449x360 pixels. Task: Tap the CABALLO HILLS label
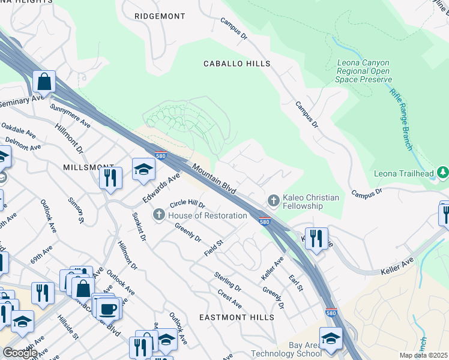click(237, 64)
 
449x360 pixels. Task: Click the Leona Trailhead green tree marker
click(443, 173)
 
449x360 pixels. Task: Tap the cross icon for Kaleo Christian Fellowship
click(273, 200)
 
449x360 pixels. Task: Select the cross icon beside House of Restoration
click(159, 214)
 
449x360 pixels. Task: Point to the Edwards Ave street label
click(161, 188)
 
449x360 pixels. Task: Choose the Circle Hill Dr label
click(187, 205)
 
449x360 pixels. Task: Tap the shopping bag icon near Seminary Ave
click(44, 81)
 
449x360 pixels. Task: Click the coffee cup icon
click(108, 308)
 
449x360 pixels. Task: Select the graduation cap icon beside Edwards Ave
click(144, 170)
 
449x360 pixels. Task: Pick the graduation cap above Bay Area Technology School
click(331, 338)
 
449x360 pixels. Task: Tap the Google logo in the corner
click(20, 353)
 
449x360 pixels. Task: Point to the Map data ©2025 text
click(423, 355)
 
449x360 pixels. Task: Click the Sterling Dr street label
click(228, 283)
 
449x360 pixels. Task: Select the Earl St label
click(295, 283)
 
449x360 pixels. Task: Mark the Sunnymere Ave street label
click(70, 116)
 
